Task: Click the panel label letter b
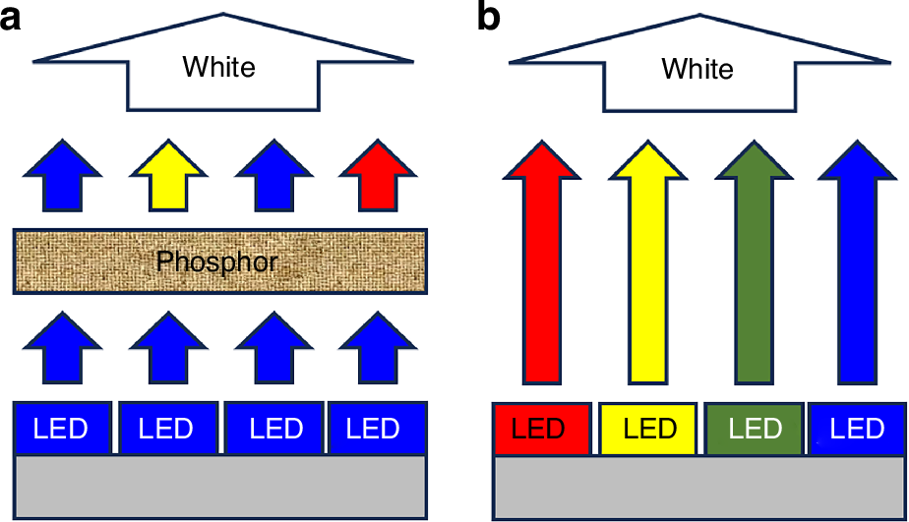pyautogui.click(x=490, y=17)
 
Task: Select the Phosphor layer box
pyautogui.click(x=218, y=261)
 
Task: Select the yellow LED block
pyautogui.click(x=648, y=430)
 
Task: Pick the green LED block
pyautogui.click(x=754, y=430)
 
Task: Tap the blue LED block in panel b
pyautogui.click(x=857, y=430)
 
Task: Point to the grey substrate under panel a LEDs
pyautogui.click(x=220, y=487)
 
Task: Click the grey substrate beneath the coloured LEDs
pyautogui.click(x=698, y=487)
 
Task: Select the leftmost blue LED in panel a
pyautogui.click(x=62, y=430)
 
